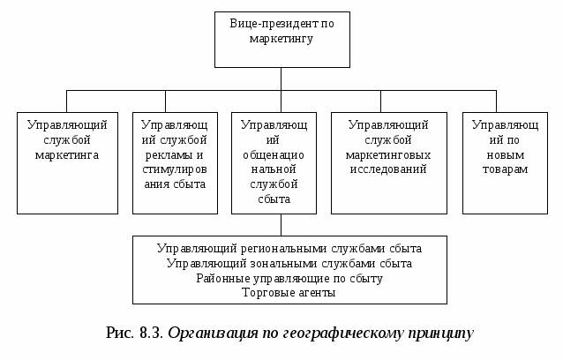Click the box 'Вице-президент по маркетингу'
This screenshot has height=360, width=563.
coord(281,39)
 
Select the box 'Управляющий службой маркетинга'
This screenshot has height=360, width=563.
coord(67,162)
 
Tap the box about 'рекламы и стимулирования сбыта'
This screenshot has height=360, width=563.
coord(175,162)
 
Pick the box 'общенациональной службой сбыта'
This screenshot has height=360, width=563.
coord(274,162)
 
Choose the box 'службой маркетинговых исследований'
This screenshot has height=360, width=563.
coord(388,162)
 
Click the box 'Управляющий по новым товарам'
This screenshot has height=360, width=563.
coord(500,162)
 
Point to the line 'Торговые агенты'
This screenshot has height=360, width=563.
coord(289,292)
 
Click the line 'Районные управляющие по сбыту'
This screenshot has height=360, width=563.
coord(289,278)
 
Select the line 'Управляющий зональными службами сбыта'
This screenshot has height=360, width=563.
coord(289,263)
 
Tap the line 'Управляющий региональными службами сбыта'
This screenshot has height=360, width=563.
coord(289,249)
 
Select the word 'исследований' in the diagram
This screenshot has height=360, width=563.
coord(388,169)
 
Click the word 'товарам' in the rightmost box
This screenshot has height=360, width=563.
coord(500,169)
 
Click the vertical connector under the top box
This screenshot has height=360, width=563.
coord(281,79)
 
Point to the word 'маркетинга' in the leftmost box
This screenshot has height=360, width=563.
coord(67,154)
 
